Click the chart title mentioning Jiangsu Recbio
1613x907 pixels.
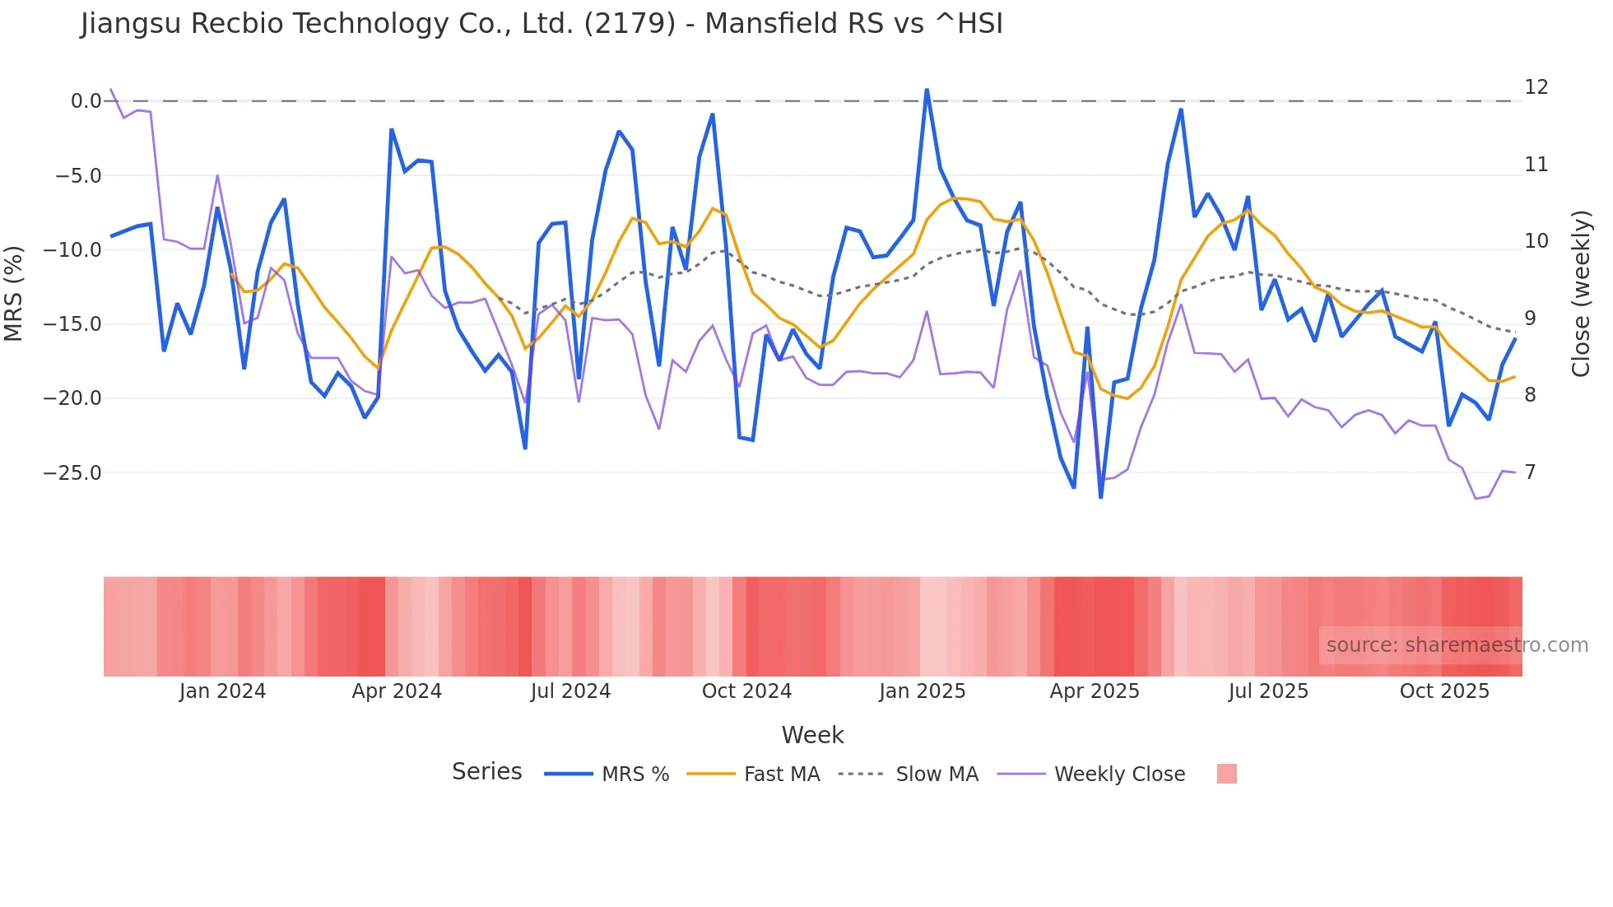tap(542, 24)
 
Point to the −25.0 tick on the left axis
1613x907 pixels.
tap(72, 473)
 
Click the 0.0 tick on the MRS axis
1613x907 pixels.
tap(86, 101)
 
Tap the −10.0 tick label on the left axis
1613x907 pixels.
tap(72, 250)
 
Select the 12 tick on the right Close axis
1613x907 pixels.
tap(1536, 87)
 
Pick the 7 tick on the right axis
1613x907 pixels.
tap(1530, 472)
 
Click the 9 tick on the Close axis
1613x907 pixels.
tap(1530, 319)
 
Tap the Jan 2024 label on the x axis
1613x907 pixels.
tap(222, 691)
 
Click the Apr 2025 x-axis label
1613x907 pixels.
tap(1094, 691)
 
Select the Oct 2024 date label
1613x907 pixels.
tap(746, 691)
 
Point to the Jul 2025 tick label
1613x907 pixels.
tap(1268, 691)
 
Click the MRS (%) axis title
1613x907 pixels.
tap(14, 293)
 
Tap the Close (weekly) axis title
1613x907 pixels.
tap(1581, 294)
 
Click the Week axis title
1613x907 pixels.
tap(812, 735)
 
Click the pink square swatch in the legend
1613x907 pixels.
tap(1226, 774)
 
